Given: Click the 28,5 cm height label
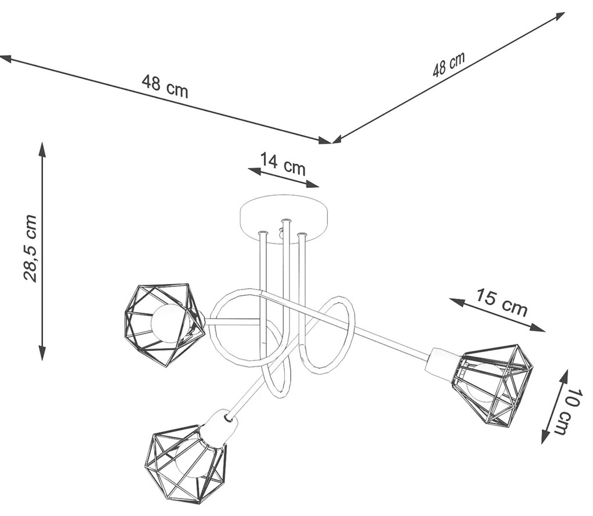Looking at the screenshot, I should point(30,248).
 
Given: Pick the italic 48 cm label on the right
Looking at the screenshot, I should point(448,64).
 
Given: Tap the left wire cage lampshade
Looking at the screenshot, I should point(164,323).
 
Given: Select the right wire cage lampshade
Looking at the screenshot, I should point(494,381).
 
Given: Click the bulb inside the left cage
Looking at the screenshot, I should point(169,323).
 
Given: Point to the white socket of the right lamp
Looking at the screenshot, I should point(441,363).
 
